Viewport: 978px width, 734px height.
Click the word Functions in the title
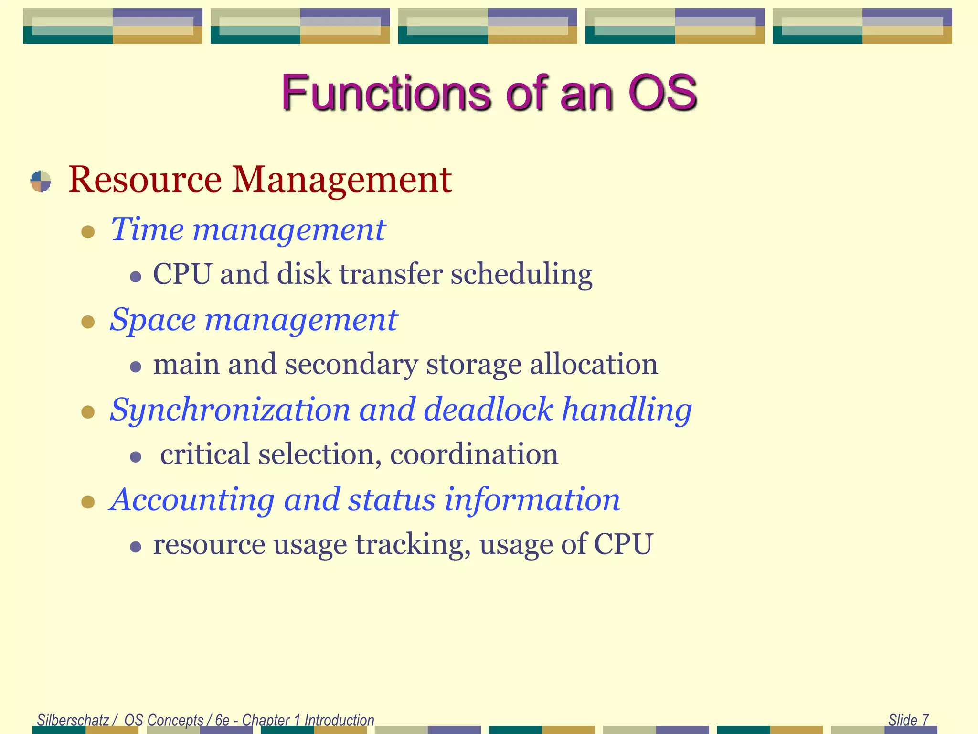[386, 93]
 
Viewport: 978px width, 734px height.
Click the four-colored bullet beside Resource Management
[41, 181]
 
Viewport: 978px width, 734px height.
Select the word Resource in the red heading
[145, 180]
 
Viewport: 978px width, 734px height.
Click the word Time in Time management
[147, 230]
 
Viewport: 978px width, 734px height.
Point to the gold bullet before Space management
[88, 322]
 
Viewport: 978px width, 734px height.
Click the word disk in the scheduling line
[304, 275]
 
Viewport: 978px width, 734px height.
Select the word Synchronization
[230, 410]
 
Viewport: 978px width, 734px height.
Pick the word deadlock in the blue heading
[489, 410]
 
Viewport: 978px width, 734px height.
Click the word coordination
[474, 454]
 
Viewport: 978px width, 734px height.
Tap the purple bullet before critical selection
[136, 457]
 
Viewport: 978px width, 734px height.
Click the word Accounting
[192, 500]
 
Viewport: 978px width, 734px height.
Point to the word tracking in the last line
[413, 545]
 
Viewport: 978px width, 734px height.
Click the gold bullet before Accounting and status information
[88, 502]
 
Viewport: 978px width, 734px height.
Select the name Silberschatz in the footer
[73, 720]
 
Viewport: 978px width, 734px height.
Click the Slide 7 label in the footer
[908, 720]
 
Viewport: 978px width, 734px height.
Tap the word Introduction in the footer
[339, 720]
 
